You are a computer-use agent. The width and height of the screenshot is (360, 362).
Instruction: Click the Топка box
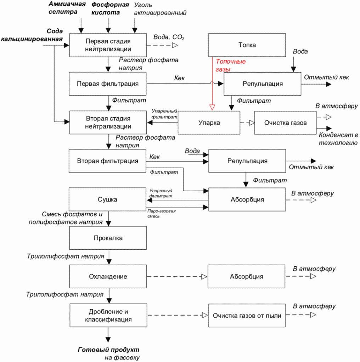pos(247,45)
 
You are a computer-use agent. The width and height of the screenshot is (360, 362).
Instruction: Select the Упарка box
pos(209,123)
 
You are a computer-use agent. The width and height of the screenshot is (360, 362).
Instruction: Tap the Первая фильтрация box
pos(108,84)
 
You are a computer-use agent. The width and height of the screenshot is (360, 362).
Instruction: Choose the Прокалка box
pos(108,238)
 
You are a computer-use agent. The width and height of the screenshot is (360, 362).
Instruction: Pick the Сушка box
pos(107,199)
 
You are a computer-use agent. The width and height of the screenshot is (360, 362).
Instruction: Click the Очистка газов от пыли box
pos(247,315)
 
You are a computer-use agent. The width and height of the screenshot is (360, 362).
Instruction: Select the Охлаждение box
pos(108,276)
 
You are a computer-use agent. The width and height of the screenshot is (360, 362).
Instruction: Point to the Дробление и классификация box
pos(108,315)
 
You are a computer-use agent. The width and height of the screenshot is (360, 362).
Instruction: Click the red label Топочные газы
pos(230,65)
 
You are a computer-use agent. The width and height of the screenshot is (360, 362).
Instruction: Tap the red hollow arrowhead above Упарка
pos(212,107)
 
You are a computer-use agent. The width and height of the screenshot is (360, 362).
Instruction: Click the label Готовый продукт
pos(108,350)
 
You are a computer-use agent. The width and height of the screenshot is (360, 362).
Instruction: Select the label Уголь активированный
pos(160,9)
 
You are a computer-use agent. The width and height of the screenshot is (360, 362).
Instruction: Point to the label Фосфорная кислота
pos(110,9)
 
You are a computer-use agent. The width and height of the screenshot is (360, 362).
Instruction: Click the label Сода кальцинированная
pos(32,35)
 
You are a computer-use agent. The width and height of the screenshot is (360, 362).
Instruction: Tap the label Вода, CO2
pos(169,37)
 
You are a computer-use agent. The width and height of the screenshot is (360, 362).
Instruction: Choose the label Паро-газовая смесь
pos(162,214)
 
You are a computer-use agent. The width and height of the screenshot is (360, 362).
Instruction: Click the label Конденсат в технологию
pos(338,139)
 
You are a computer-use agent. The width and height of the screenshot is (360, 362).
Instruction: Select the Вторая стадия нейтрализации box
pos(108,122)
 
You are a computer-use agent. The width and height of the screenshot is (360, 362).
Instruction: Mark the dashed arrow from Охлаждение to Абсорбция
pos(177,277)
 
